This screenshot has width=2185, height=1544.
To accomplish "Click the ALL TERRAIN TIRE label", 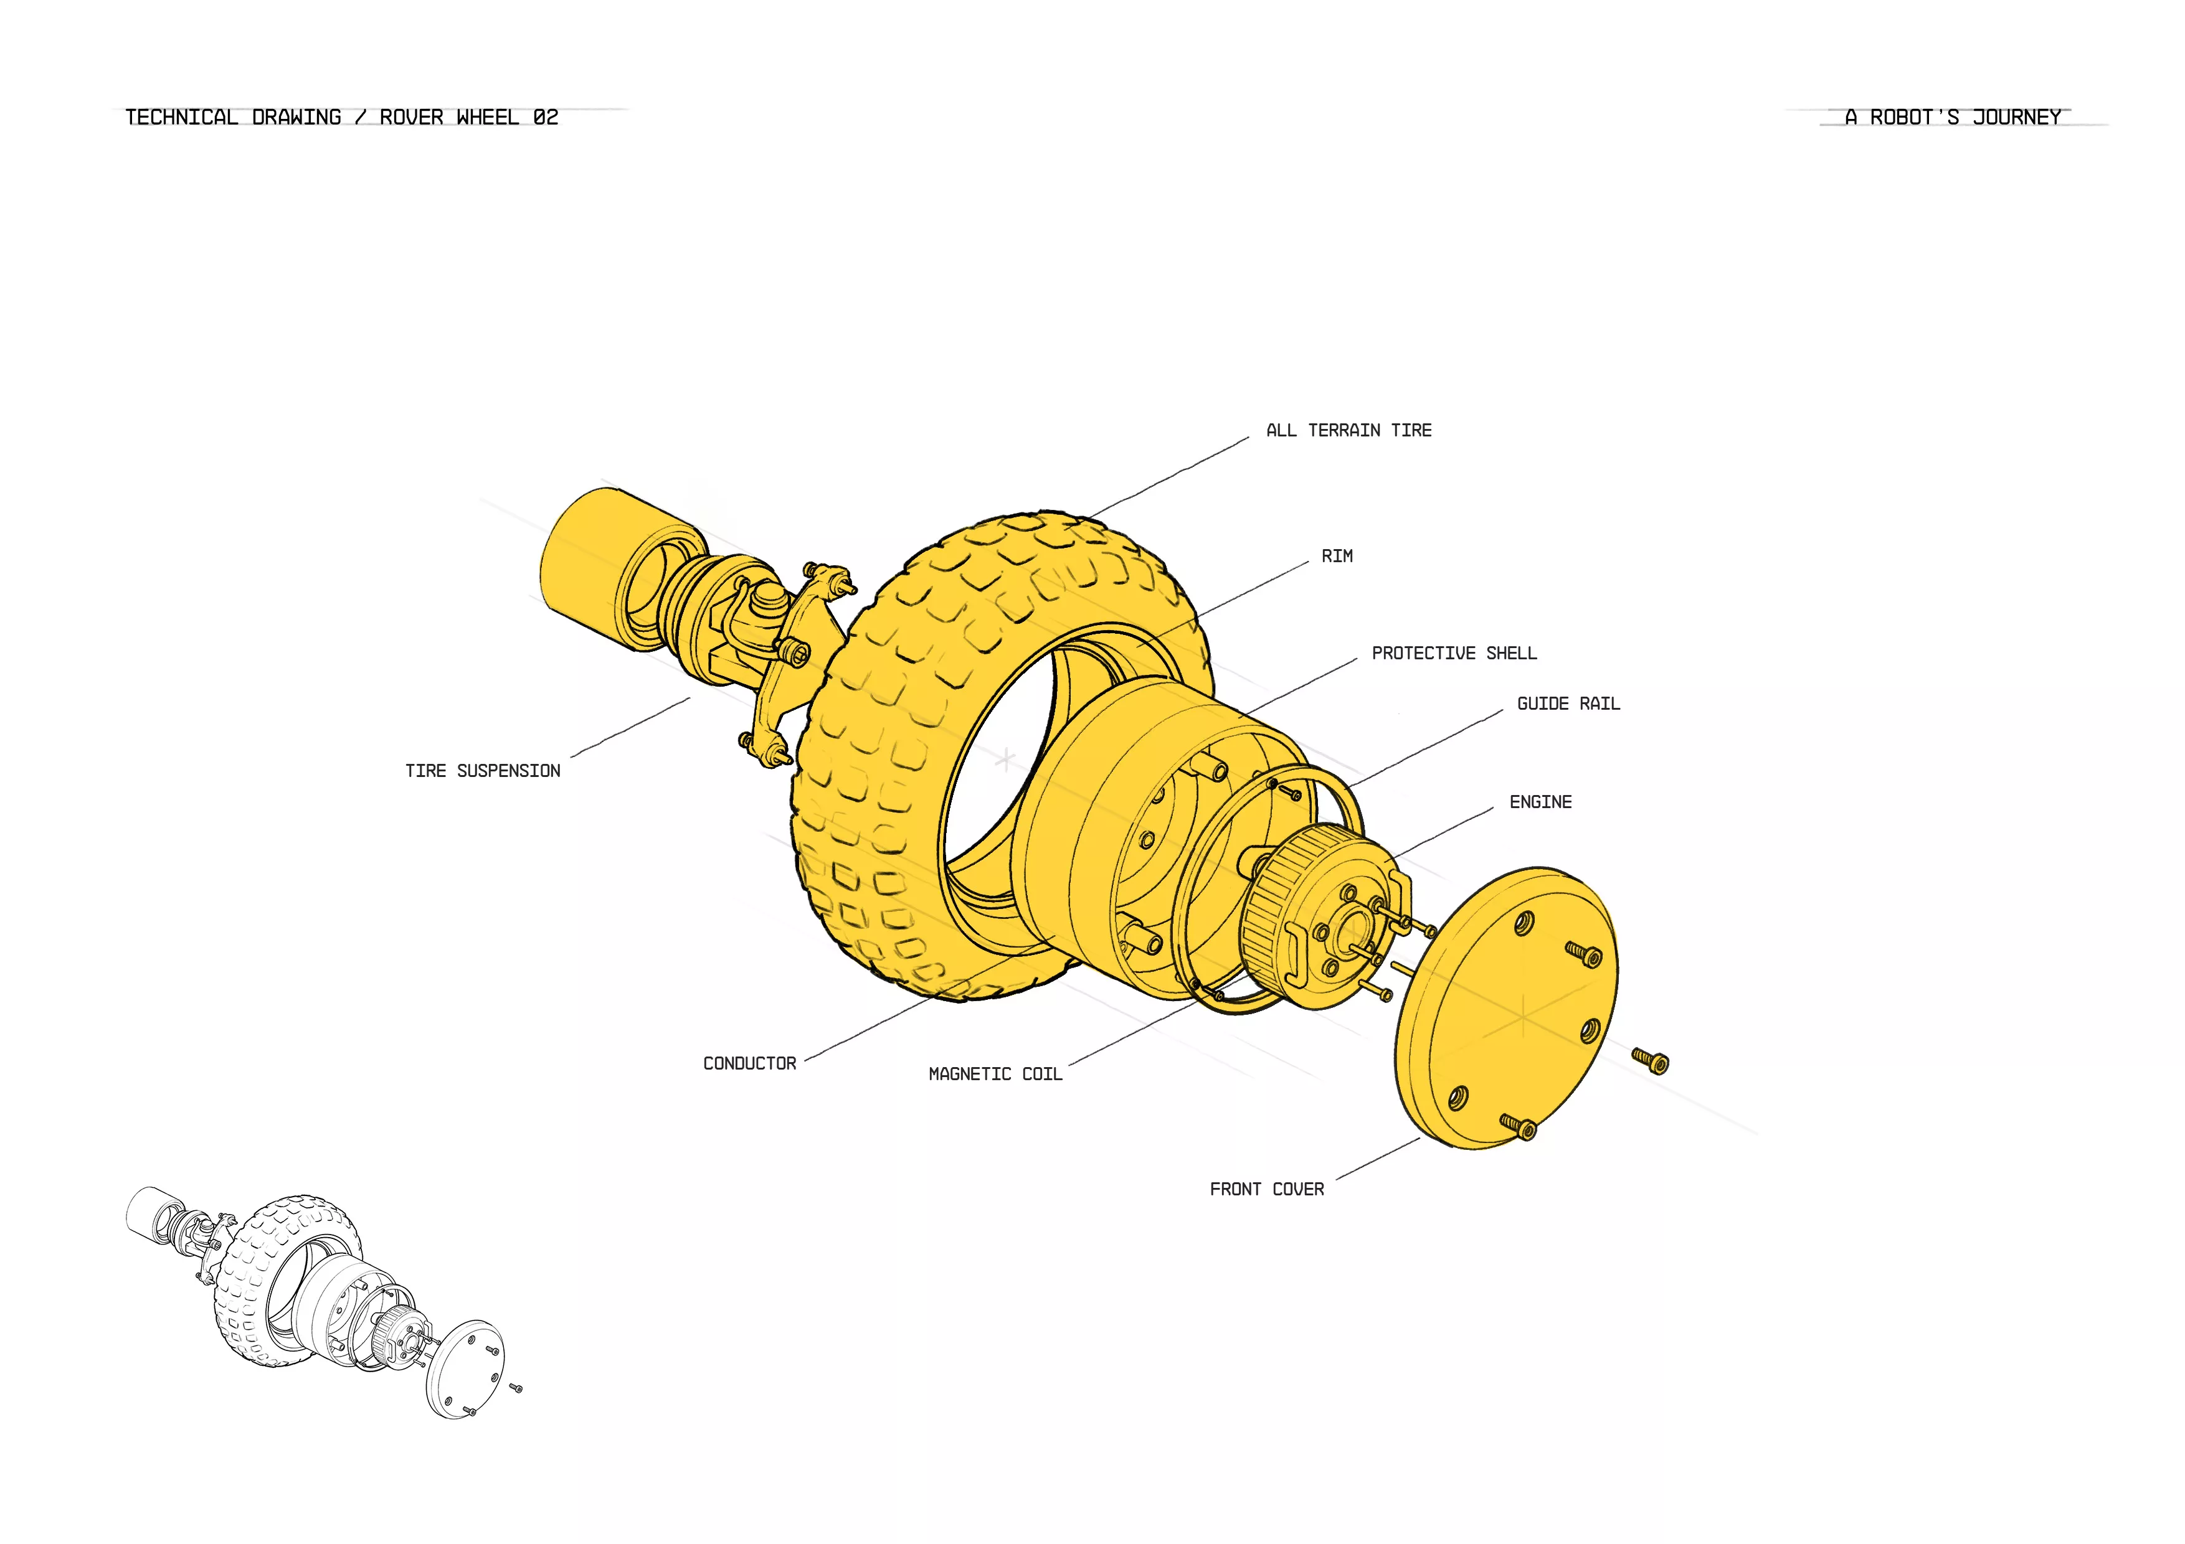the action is click(1348, 430).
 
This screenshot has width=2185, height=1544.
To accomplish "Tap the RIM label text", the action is click(1337, 555).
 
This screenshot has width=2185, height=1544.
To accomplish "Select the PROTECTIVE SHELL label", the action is click(1454, 652).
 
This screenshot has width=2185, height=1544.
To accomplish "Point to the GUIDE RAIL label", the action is click(1568, 703).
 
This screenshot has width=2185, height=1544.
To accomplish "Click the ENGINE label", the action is click(1541, 802).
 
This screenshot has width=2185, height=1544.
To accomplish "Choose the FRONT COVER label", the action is click(1267, 1189).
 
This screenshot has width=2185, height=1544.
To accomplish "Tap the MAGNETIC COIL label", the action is click(995, 1074).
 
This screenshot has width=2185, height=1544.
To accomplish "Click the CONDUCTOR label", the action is click(750, 1063).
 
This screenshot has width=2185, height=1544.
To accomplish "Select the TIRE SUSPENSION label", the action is click(483, 771).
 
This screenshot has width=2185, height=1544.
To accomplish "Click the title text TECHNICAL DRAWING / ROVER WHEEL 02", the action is click(342, 117).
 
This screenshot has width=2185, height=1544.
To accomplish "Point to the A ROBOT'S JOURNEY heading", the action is click(1953, 117).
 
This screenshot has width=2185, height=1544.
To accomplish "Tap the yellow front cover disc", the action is click(1509, 1009).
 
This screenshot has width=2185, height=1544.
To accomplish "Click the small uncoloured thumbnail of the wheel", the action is click(323, 1302).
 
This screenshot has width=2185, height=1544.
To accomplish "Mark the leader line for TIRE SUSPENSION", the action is click(630, 727).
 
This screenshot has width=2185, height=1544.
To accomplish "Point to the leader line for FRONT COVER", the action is click(1378, 1159).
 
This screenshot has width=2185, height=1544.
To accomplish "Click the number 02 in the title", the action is click(546, 117).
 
